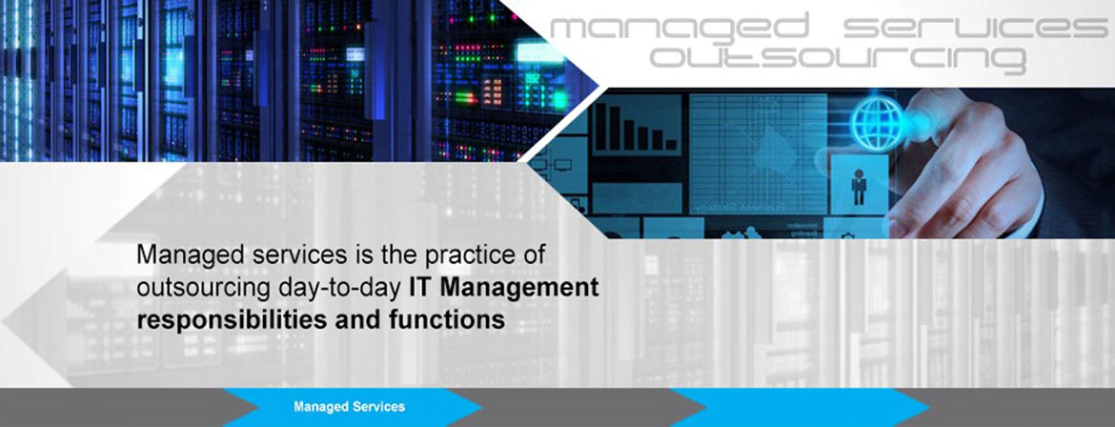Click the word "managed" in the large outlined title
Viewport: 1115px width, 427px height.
679,28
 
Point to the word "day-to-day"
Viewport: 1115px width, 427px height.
341,288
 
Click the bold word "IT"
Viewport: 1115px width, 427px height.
421,287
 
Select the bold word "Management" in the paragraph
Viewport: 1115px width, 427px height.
517,288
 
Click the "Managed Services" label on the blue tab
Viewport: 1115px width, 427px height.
349,407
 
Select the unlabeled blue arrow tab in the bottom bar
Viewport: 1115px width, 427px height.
800,408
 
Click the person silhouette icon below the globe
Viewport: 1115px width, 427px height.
859,187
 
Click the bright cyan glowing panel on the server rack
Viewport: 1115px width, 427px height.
539,52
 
